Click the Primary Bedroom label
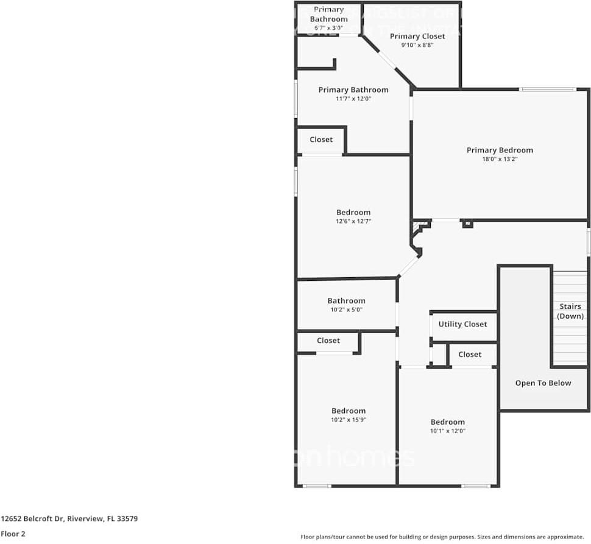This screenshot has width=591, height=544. [x=500, y=150]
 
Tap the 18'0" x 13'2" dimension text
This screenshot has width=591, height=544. [x=500, y=159]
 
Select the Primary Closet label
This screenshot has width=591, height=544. [x=417, y=36]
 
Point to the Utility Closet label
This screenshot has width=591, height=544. [x=462, y=324]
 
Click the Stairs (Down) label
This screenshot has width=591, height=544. [x=570, y=311]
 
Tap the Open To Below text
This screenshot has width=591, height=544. [x=543, y=383]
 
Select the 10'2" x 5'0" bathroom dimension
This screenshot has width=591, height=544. [x=346, y=309]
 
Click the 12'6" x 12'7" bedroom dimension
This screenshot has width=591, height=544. [x=353, y=221]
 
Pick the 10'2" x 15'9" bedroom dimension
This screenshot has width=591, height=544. [x=349, y=420]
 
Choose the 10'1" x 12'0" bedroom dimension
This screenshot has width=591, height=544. [x=448, y=431]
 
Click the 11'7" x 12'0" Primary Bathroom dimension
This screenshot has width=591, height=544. [x=353, y=99]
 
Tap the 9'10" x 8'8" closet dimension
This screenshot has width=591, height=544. [x=417, y=45]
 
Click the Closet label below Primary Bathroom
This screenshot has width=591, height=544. [x=321, y=140]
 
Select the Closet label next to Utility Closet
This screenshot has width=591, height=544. [x=470, y=354]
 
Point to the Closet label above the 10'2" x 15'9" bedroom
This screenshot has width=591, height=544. [x=328, y=341]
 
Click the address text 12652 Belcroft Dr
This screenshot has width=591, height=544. [x=69, y=519]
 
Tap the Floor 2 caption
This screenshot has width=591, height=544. [x=13, y=534]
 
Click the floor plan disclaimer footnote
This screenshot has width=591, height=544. [x=442, y=537]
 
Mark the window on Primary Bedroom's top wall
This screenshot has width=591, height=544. [x=547, y=90]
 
